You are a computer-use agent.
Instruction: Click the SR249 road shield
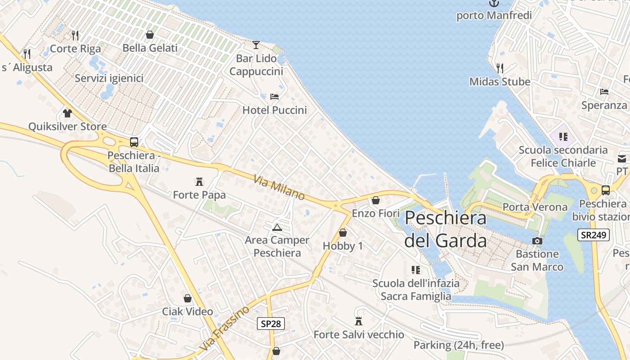pos(593,235)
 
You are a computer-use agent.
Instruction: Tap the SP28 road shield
pos(271,323)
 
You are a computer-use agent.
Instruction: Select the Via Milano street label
pos(279,188)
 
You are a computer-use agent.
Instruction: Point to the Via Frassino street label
pos(225,328)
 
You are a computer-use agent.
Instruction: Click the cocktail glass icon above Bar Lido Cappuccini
pos(256,45)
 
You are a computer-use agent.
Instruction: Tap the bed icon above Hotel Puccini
pos(274,96)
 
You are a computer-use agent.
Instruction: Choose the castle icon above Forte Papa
pos(199,181)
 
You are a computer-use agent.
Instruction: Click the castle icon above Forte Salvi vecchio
pos(359,321)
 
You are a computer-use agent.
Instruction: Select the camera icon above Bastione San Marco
pos(537,241)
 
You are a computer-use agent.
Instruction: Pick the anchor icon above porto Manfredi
pos(494,4)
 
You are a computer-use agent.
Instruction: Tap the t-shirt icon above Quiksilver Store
pos(67,113)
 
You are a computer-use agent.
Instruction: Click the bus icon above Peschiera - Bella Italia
pos(134,142)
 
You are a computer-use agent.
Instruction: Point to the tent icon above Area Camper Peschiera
pos(277,227)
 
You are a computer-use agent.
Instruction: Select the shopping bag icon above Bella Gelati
pos(150,35)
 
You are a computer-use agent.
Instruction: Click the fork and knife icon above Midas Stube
pos(500,68)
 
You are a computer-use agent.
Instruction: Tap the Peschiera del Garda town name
pos(445,229)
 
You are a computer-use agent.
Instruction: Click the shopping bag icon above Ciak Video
pos(188,298)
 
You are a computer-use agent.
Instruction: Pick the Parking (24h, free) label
pos(459,345)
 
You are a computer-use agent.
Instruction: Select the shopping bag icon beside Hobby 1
pos(343,233)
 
